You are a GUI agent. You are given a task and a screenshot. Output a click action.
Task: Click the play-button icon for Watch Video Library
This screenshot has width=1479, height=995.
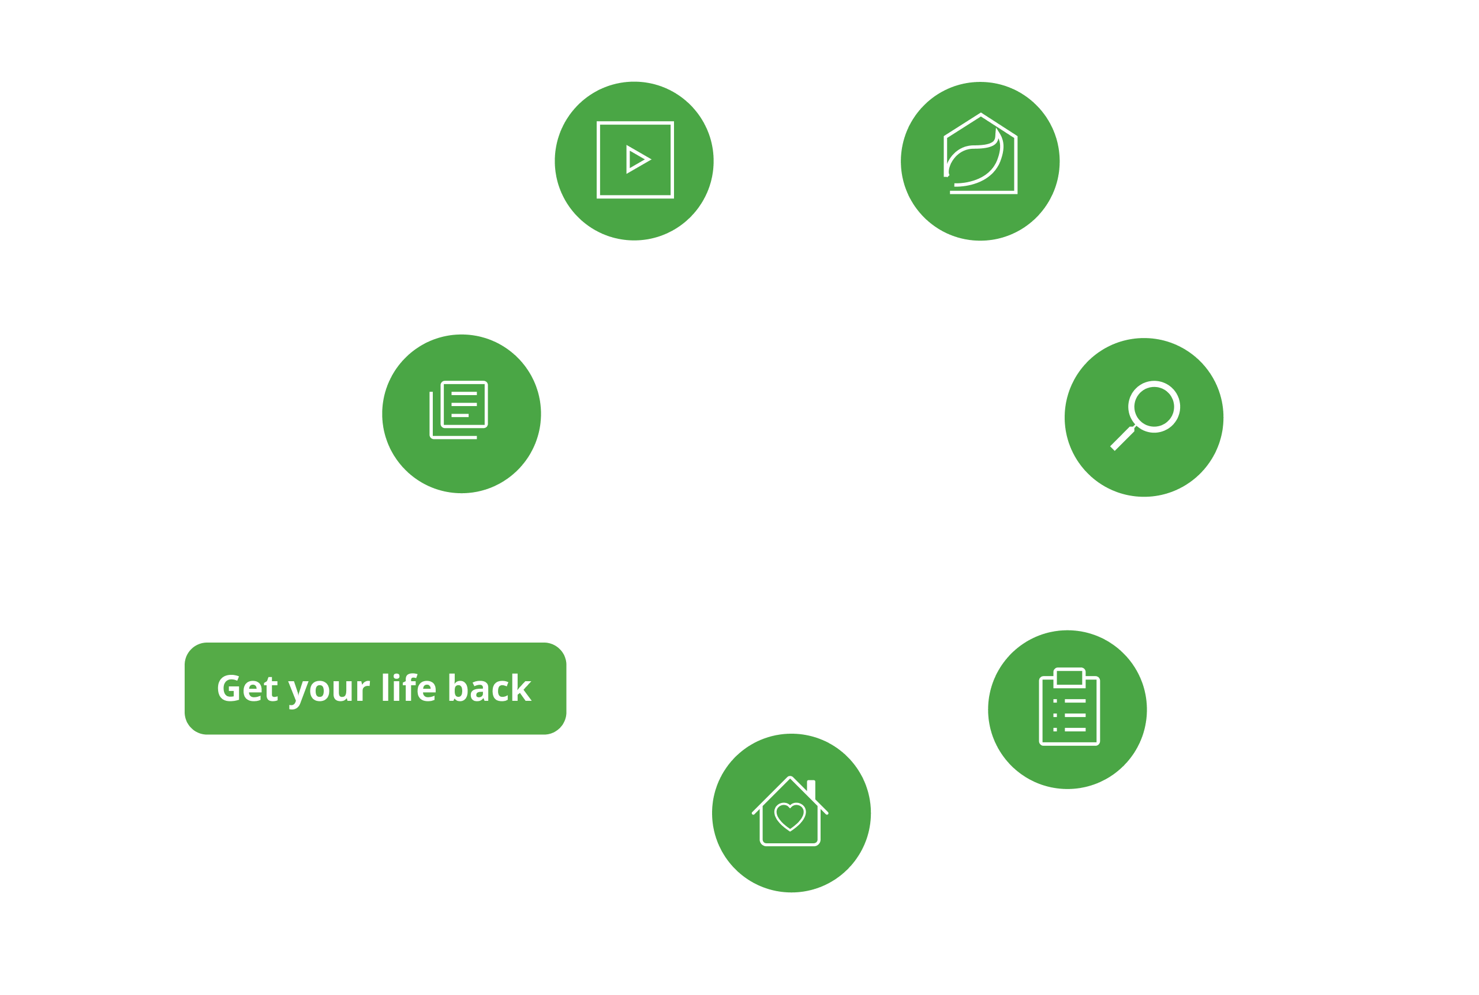pyautogui.click(x=635, y=160)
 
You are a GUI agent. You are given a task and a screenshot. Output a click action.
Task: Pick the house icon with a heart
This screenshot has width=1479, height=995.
pyautogui.click(x=791, y=812)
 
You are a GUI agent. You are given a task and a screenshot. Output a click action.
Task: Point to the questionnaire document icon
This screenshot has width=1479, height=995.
pyautogui.click(x=459, y=410)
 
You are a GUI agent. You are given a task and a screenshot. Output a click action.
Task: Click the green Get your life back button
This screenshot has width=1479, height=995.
pyautogui.click(x=375, y=689)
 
